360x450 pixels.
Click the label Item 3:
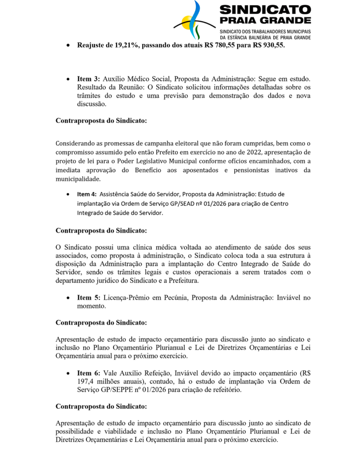point(90,80)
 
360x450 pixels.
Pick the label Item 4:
point(87,194)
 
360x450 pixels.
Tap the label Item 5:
point(90,298)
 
